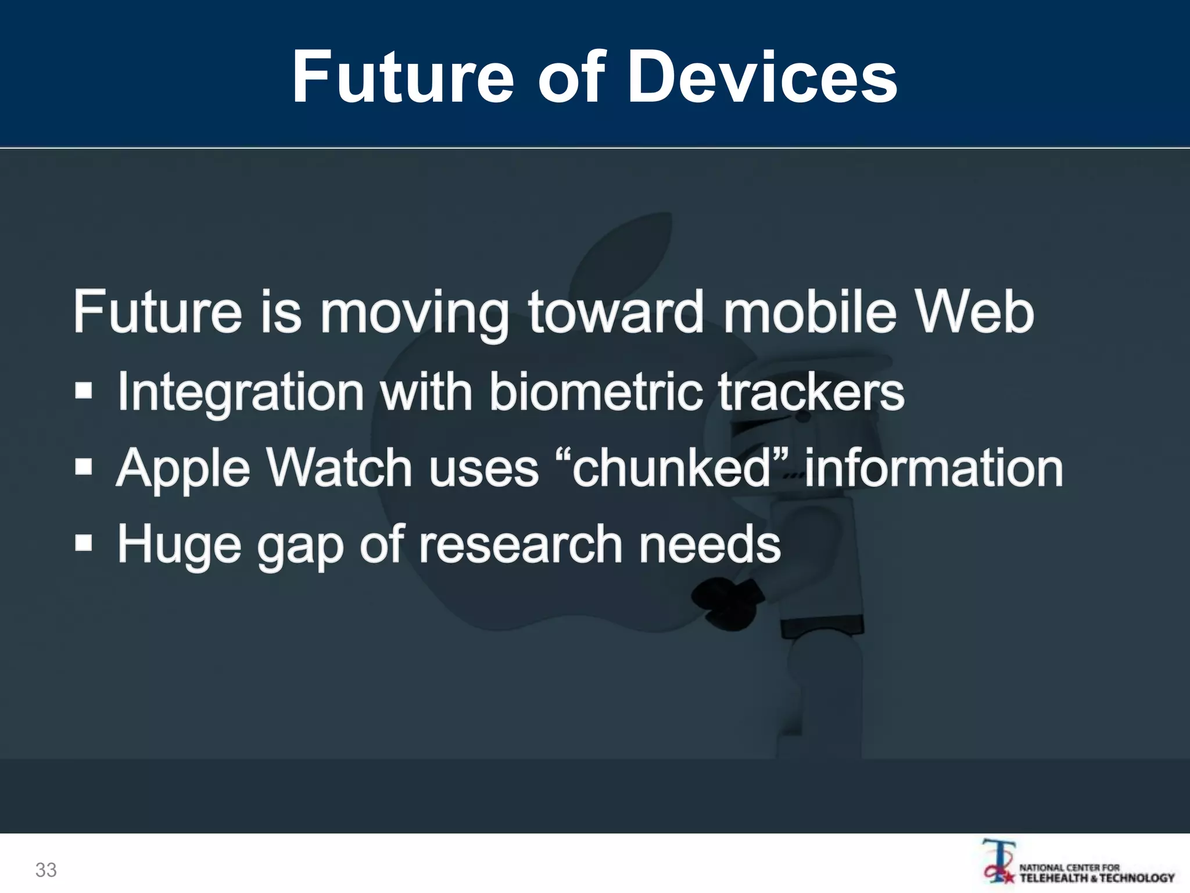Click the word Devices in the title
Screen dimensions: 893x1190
tap(762, 77)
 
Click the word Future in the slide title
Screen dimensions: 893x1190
tap(403, 77)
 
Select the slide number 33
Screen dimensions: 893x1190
tap(46, 870)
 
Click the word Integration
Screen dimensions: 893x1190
tap(241, 392)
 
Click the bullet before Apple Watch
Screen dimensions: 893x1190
tap(84, 467)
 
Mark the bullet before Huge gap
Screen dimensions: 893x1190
tap(84, 544)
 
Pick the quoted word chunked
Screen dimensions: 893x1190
tap(671, 468)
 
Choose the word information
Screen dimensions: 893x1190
tap(933, 468)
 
